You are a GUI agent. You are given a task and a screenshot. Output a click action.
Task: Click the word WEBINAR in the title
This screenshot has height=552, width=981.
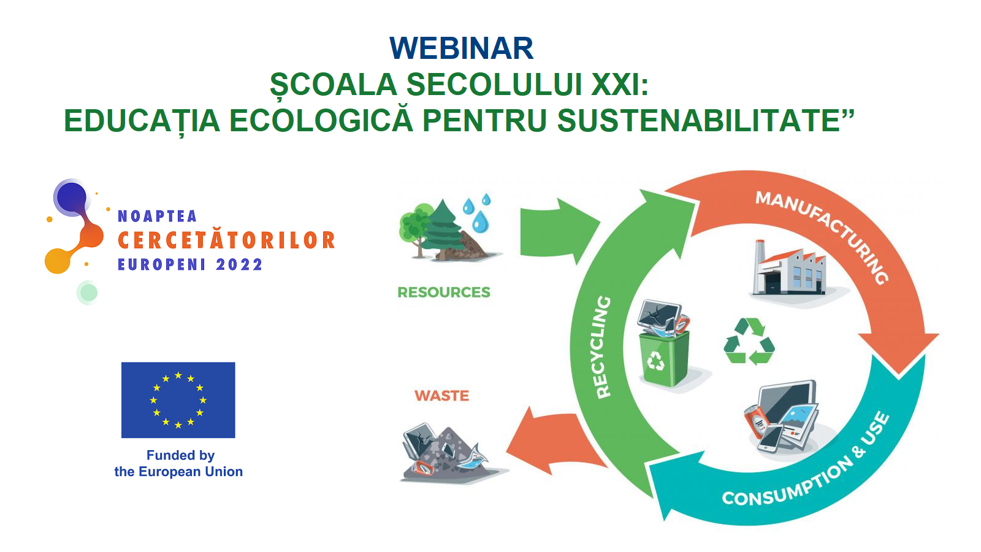pos(461,48)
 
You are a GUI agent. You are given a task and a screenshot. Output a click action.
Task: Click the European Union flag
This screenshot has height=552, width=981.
pos(178,400)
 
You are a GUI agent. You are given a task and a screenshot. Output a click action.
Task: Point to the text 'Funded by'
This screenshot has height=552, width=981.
pos(180,456)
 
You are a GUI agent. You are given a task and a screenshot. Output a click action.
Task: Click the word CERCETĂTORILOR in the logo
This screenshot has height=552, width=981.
pos(226,240)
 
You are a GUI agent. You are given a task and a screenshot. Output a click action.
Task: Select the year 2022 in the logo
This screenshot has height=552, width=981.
pos(239,264)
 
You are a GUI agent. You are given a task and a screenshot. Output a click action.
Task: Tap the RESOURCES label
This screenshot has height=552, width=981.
pos(444,292)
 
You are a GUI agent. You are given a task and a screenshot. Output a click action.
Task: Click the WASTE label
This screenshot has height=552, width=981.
pos(442,396)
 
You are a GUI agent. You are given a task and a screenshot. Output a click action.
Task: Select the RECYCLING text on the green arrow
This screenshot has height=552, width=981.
pos(604,347)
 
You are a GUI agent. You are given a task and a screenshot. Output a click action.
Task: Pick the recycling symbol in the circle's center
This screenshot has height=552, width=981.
pos(749,342)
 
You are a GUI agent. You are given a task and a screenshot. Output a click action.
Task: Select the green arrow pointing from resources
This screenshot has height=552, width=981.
pos(556,231)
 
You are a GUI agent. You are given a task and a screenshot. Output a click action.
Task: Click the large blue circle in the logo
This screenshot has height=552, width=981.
pos(71,197)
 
